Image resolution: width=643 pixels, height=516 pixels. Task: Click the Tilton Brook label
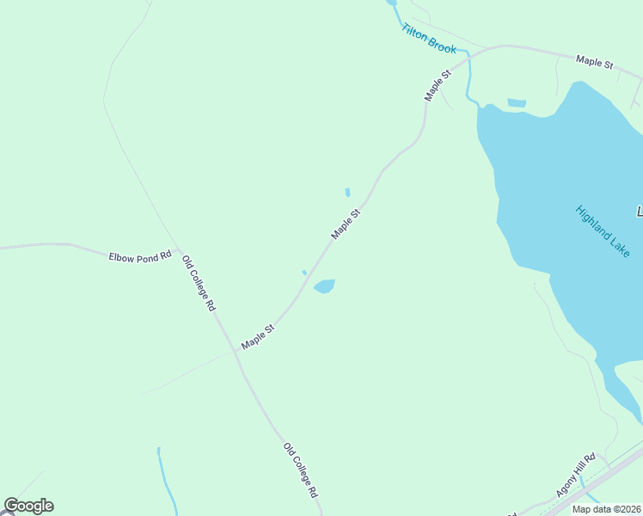pyautogui.click(x=428, y=38)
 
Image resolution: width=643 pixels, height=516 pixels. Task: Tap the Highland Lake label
pyautogui.click(x=603, y=230)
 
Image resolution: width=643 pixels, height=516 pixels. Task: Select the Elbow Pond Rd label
pyautogui.click(x=140, y=256)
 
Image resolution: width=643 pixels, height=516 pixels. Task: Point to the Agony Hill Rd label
pyautogui.click(x=576, y=475)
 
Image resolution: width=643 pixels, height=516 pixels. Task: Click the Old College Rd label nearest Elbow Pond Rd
pyautogui.click(x=199, y=283)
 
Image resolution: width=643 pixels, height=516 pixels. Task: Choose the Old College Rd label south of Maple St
pyautogui.click(x=301, y=470)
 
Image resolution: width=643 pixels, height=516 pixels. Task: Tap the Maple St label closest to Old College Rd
pyautogui.click(x=257, y=336)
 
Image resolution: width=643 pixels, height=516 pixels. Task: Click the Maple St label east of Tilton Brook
pyautogui.click(x=594, y=63)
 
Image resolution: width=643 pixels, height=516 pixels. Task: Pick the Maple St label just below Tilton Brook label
pyautogui.click(x=438, y=86)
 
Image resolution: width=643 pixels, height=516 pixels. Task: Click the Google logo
pyautogui.click(x=28, y=506)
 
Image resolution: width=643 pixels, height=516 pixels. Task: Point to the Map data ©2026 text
pyautogui.click(x=607, y=509)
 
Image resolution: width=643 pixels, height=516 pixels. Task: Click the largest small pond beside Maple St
pyautogui.click(x=324, y=286)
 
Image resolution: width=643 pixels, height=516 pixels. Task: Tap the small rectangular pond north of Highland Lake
pyautogui.click(x=517, y=103)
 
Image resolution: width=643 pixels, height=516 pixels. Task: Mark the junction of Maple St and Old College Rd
pyautogui.click(x=236, y=351)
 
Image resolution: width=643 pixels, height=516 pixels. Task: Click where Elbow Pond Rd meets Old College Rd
pyautogui.click(x=179, y=252)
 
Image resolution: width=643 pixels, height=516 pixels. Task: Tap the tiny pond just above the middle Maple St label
pyautogui.click(x=347, y=193)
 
